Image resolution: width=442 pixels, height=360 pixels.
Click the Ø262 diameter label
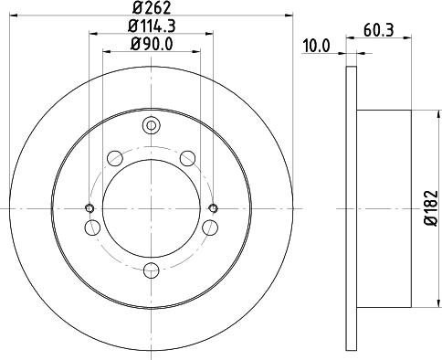tap(152, 8)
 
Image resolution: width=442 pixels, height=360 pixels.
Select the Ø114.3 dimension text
tap(152, 26)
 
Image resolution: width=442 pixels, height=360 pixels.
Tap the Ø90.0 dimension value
tap(152, 43)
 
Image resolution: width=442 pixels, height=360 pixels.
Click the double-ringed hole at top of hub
tap(152, 126)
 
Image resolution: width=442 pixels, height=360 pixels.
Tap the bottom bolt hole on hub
tap(152, 269)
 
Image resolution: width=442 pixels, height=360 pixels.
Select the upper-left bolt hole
tap(115, 159)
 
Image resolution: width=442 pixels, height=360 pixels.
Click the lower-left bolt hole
tap(91, 226)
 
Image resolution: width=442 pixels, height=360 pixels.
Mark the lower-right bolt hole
tap(212, 226)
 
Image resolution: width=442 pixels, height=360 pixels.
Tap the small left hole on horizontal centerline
tap(89, 206)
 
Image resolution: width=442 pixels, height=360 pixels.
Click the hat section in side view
tap(384, 207)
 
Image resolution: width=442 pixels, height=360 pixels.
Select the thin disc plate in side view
tap(352, 207)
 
